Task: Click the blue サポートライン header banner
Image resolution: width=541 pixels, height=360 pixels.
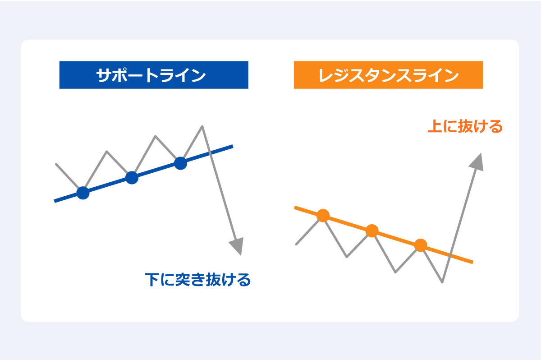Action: (x=154, y=75)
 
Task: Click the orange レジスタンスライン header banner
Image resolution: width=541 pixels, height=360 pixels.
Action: (x=388, y=75)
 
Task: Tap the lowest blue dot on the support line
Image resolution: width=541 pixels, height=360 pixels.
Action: (x=83, y=193)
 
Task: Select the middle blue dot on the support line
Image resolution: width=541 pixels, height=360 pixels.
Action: (x=132, y=178)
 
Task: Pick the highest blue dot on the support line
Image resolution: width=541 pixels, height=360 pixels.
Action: (x=180, y=163)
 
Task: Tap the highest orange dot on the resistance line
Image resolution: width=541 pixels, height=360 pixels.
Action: (x=323, y=216)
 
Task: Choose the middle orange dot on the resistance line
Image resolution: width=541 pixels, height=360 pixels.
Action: (x=371, y=231)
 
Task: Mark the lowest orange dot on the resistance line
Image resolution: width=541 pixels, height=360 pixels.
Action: (x=420, y=245)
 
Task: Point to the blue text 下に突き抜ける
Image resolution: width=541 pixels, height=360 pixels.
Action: (x=197, y=280)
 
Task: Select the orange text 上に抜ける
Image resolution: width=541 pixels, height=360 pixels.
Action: (x=464, y=127)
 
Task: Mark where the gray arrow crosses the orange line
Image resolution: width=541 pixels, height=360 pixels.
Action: (x=451, y=255)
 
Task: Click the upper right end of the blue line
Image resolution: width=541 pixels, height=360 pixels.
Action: (x=232, y=146)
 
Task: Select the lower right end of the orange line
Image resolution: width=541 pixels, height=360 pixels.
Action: (x=472, y=262)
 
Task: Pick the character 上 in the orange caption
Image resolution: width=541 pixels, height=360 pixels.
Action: (x=434, y=127)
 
